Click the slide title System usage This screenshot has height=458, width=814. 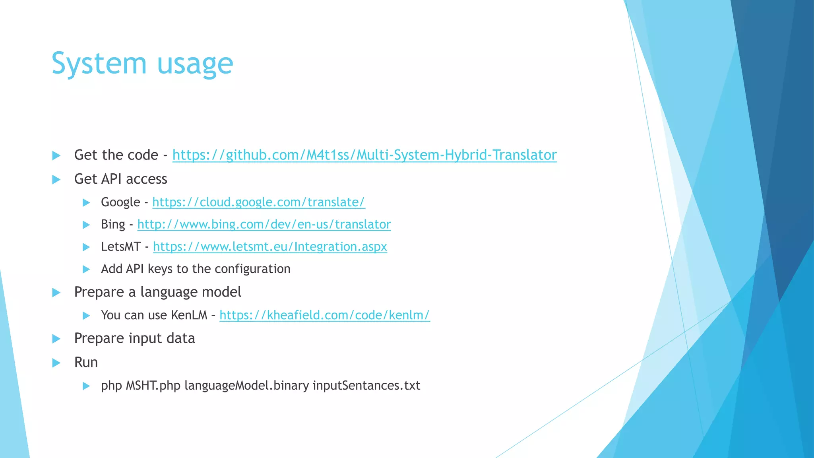[x=142, y=64]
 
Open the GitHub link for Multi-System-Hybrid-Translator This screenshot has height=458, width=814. [x=364, y=155]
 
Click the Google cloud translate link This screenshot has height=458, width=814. [x=258, y=202]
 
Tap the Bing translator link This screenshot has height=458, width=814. [x=264, y=225]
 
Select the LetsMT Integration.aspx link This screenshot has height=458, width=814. [x=270, y=247]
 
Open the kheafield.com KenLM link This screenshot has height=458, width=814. [x=324, y=315]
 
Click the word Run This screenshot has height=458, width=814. [x=86, y=363]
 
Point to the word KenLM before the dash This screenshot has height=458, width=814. [x=189, y=315]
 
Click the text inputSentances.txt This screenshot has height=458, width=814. [x=366, y=386]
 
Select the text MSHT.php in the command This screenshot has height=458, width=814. [x=153, y=386]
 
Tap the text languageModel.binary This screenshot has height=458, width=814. [x=246, y=386]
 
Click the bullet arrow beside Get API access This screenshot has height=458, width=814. [x=56, y=180]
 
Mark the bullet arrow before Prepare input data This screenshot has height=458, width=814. [x=56, y=339]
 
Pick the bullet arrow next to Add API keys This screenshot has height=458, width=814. [x=86, y=270]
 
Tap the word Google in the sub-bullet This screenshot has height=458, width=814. [x=120, y=202]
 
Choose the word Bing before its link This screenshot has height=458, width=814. [x=113, y=225]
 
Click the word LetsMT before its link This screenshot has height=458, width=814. [x=120, y=247]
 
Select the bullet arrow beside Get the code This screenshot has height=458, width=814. [x=56, y=155]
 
